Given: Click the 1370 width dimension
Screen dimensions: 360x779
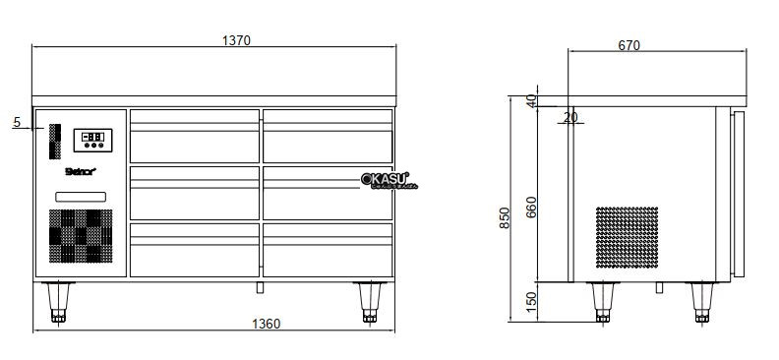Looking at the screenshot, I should click(237, 40).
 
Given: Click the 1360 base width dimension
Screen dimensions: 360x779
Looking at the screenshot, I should click(267, 324).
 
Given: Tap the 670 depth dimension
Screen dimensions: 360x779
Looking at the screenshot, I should click(630, 44).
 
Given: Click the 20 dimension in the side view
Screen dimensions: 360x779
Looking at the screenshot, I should click(570, 118).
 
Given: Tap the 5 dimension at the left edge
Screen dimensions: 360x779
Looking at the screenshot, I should click(17, 122).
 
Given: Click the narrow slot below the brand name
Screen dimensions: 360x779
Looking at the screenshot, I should click(80, 197).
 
